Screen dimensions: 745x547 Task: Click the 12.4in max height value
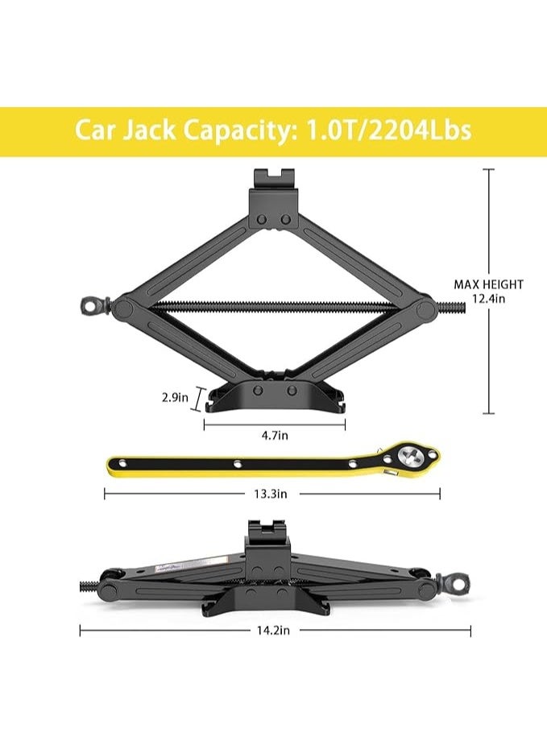coord(488,298)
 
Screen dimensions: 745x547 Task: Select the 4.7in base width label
coord(275,436)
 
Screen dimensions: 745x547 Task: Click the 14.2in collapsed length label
coord(271,631)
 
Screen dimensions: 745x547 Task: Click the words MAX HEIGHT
coord(488,284)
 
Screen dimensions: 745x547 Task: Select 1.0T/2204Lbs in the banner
coord(387,130)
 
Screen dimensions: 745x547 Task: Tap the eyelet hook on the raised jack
coord(91,305)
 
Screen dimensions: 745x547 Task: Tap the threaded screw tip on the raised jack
coord(455,307)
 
